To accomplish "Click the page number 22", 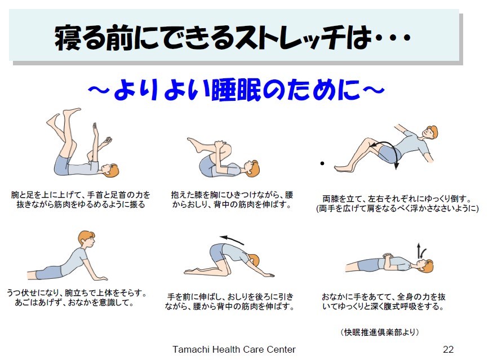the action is click(x=448, y=349).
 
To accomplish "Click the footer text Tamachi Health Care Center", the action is click(x=234, y=349).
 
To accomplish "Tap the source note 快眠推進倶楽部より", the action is click(x=380, y=332).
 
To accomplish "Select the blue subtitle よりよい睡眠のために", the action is click(x=237, y=90).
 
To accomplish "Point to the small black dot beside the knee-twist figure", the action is click(x=322, y=163).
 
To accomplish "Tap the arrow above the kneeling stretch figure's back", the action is click(x=232, y=239).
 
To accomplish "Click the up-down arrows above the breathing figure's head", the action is click(x=421, y=251).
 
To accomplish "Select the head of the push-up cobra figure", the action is click(x=86, y=240).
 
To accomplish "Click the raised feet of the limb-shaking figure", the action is click(x=64, y=117).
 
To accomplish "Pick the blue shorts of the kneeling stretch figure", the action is click(x=218, y=252).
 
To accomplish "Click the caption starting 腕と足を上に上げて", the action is click(x=81, y=199).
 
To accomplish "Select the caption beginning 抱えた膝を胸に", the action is click(x=232, y=199).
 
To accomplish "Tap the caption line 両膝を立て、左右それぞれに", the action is click(x=397, y=199).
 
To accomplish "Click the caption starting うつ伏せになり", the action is click(x=77, y=298).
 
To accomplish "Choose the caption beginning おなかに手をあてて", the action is click(x=383, y=301).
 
